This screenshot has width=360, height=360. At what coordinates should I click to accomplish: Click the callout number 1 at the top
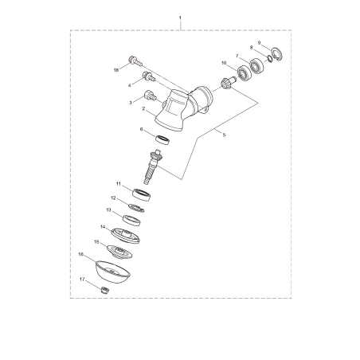tap(180, 17)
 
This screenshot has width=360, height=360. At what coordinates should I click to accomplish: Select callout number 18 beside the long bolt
tap(116, 70)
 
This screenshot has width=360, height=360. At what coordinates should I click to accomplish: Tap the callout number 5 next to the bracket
tap(225, 136)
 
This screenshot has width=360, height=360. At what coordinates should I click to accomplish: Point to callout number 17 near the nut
tap(82, 280)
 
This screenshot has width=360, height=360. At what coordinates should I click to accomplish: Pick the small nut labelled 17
tap(103, 289)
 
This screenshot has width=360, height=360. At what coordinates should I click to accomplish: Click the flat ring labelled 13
tap(131, 218)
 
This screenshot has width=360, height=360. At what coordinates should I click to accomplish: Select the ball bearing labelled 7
tap(258, 67)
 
